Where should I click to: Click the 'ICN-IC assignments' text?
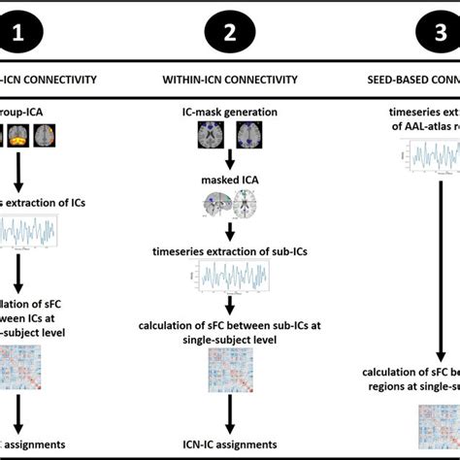[x=230, y=444]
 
